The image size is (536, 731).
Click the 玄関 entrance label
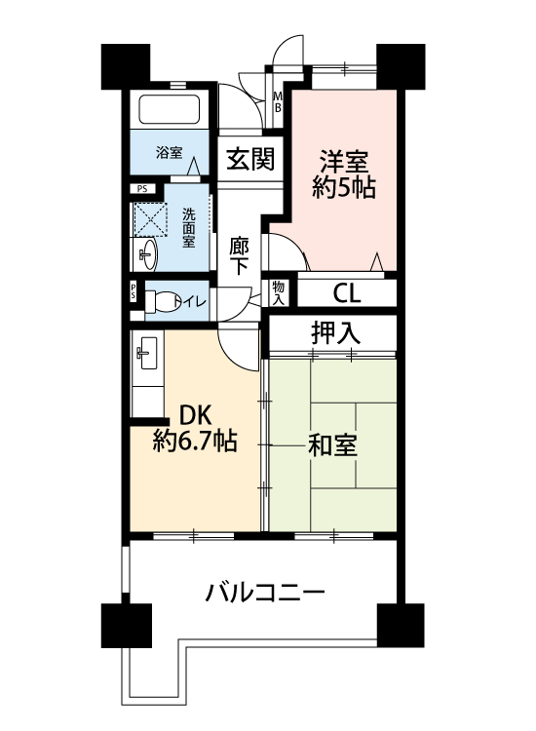pos(250,159)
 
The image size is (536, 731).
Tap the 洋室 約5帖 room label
pos(344,174)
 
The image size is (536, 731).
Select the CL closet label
pos(347,293)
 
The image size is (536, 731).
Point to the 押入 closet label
pos(335,332)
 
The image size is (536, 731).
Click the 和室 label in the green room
pos(332,445)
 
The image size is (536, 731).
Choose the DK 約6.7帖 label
pos(196,428)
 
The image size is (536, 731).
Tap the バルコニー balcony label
pos(265,593)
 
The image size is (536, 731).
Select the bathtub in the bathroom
pos(170,109)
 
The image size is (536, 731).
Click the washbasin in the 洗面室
pos(149,254)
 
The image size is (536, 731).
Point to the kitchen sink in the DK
pos(147,353)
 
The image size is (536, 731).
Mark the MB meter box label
pos(278,102)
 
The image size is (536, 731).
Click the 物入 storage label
pos(278,292)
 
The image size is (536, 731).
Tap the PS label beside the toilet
pos(133,291)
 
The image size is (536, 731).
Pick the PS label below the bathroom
pos(142,189)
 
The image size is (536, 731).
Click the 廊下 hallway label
pos(239,256)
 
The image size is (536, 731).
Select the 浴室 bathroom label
pos(170,152)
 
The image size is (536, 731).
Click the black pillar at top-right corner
pos(401,66)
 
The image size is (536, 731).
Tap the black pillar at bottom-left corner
pos(127,625)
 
